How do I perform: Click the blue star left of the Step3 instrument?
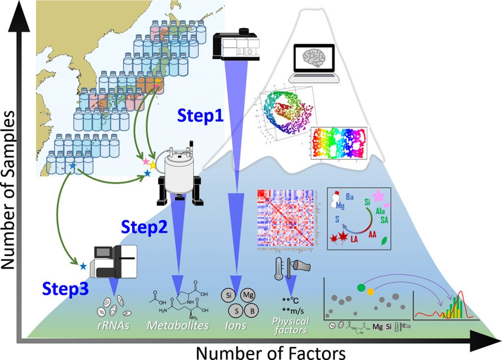(83, 266)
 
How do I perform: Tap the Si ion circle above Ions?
(228, 296)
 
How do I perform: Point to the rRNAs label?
(113, 325)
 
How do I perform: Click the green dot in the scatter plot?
(361, 287)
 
